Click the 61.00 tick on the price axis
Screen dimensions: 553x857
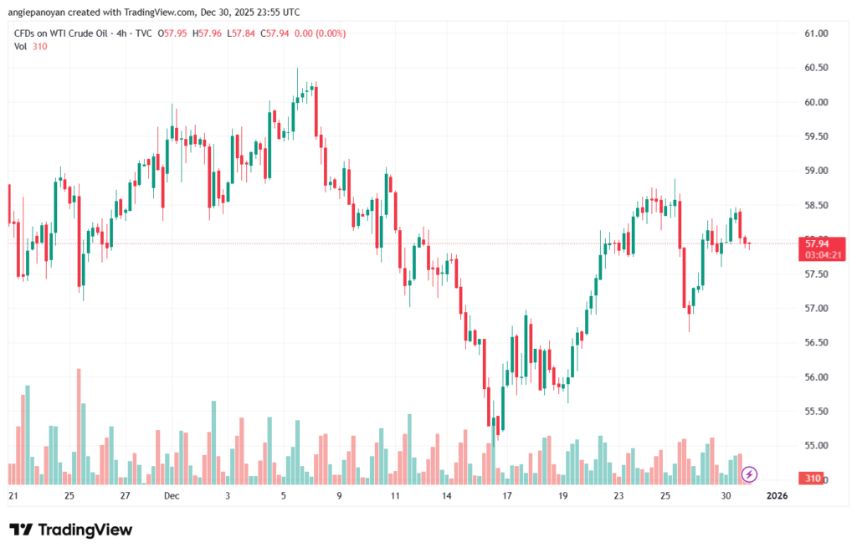[816, 33]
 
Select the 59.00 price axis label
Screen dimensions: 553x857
[816, 171]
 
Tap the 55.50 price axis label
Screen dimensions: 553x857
[816, 412]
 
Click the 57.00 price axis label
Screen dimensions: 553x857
[816, 309]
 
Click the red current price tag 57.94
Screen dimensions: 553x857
[816, 243]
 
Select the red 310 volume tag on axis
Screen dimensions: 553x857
[812, 479]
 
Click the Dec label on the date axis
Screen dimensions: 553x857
[172, 496]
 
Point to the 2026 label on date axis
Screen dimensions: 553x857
[777, 496]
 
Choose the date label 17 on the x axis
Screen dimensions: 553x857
[507, 496]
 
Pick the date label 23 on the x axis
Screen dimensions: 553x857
[618, 496]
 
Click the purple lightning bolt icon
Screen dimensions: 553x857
[750, 474]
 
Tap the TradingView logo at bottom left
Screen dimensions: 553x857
[70, 530]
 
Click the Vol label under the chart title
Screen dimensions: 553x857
[21, 46]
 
